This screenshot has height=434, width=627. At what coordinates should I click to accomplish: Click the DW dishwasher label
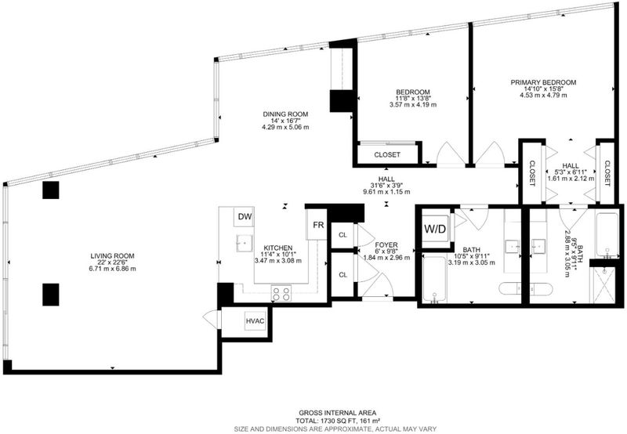[245, 216]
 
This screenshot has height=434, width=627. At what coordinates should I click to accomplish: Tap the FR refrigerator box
[317, 225]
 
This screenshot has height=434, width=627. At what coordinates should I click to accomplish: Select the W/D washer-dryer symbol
[435, 229]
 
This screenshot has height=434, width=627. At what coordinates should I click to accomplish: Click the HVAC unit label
[256, 321]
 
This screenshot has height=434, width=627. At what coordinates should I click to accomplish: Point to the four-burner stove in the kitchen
[281, 294]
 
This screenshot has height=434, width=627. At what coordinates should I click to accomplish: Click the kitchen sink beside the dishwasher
[244, 243]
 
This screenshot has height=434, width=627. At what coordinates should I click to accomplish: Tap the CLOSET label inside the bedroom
[387, 154]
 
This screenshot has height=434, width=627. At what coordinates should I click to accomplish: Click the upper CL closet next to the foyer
[342, 235]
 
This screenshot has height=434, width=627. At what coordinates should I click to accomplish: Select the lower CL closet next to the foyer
[342, 275]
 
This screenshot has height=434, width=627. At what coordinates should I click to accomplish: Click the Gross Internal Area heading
[338, 413]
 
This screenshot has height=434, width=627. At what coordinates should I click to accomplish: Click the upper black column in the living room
[51, 190]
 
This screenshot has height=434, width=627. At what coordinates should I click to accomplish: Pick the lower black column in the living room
[51, 295]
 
